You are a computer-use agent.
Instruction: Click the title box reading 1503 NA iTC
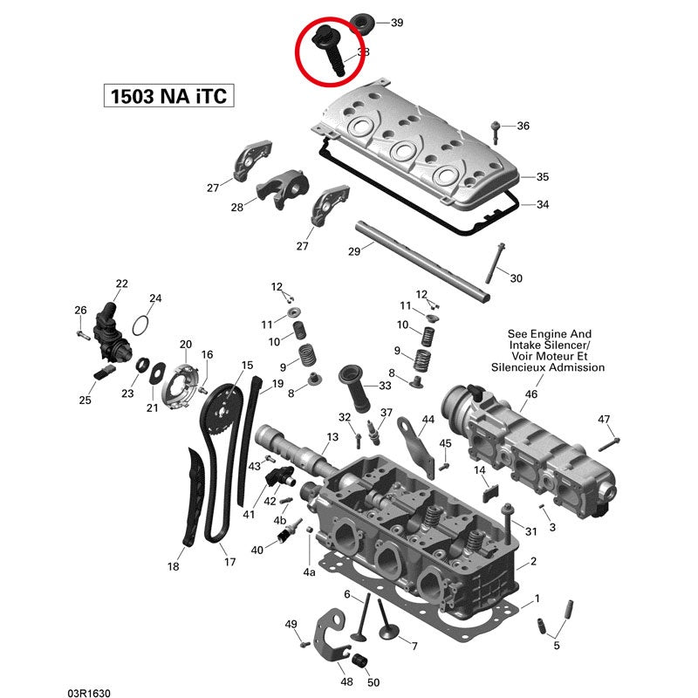pos(168,95)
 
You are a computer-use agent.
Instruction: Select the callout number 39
pos(396,22)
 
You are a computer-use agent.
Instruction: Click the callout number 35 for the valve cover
pos(542,177)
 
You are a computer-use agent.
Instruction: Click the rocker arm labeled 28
pos(279,194)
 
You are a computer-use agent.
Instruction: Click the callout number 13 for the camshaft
pos(332,436)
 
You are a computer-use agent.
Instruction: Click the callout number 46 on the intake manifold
pos(530,394)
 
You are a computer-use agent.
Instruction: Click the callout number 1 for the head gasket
pos(536,598)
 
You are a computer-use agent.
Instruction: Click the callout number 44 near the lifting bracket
pos(428,421)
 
